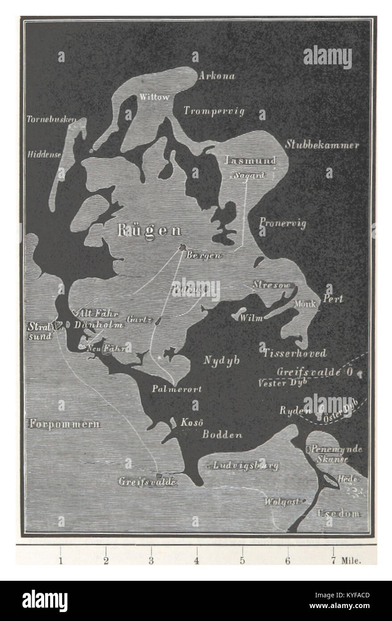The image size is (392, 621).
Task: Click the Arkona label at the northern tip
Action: click(x=217, y=76)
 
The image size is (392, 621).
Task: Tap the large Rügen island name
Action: click(x=149, y=230)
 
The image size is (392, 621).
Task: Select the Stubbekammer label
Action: click(x=322, y=145)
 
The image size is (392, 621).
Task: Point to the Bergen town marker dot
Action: click(x=182, y=247)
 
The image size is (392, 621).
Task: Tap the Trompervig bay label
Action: click(x=214, y=111)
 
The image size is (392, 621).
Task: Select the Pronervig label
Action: click(x=283, y=223)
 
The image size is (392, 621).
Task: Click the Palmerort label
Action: click(x=176, y=389)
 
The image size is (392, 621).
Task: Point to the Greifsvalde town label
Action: click(x=148, y=482)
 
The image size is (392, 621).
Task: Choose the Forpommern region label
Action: click(x=65, y=424)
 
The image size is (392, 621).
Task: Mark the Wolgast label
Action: click(x=281, y=501)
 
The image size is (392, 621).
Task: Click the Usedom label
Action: click(x=338, y=513)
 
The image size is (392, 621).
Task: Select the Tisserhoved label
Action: click(x=294, y=353)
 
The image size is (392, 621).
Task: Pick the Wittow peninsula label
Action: click(x=154, y=97)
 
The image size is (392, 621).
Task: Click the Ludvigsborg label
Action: click(x=246, y=466)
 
